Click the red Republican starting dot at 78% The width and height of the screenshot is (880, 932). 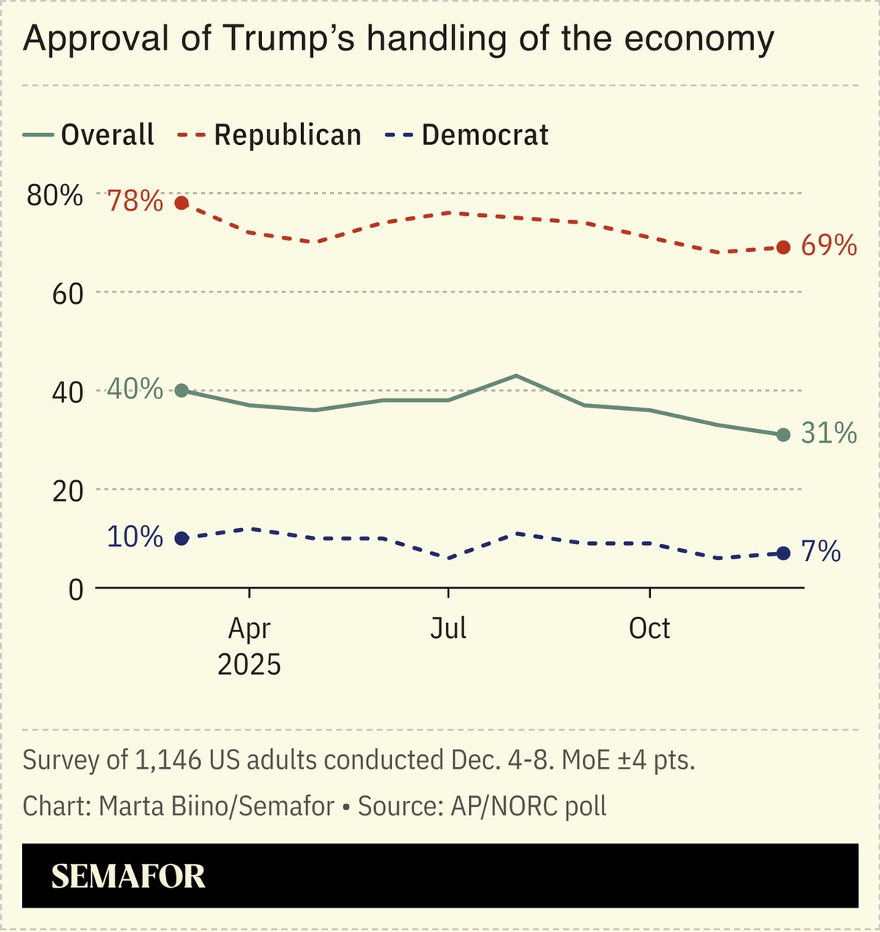tap(182, 203)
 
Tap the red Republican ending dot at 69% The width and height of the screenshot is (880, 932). tap(783, 247)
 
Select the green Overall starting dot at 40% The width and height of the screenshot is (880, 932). tap(182, 390)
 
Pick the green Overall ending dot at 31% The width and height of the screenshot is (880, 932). tap(783, 434)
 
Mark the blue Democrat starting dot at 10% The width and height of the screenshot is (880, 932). tap(182, 538)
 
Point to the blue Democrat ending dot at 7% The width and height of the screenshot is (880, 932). tap(783, 553)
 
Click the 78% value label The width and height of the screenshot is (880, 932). tap(135, 202)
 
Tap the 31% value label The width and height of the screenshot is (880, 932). tap(829, 434)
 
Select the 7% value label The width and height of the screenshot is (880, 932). tap(821, 552)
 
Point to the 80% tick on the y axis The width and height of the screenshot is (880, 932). tap(55, 195)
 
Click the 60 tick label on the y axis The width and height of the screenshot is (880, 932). tap(66, 294)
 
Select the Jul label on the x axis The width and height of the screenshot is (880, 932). tap(448, 629)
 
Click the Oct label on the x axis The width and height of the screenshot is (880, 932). tap(649, 629)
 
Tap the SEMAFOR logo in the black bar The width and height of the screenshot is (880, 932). tap(128, 877)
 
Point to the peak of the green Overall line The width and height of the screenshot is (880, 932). tap(516, 376)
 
